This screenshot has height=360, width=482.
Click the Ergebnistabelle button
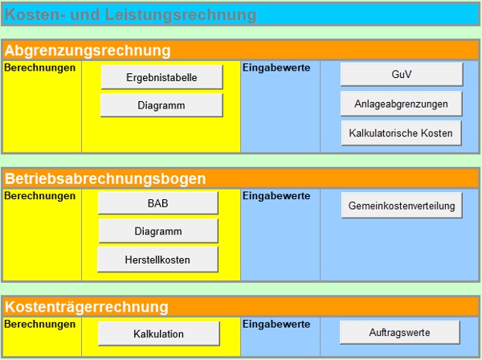pyautogui.click(x=161, y=77)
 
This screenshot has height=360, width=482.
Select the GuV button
pyautogui.click(x=402, y=74)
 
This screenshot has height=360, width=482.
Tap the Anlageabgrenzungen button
pyautogui.click(x=402, y=104)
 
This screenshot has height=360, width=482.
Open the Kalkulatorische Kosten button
pyautogui.click(x=402, y=133)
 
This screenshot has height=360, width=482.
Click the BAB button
pyautogui.click(x=157, y=203)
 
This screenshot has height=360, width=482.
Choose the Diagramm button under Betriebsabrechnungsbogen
pyautogui.click(x=158, y=231)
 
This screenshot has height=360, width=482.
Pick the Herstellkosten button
pyautogui.click(x=157, y=259)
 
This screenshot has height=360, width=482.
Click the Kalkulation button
pyautogui.click(x=159, y=333)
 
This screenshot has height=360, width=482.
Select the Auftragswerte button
pyautogui.click(x=400, y=332)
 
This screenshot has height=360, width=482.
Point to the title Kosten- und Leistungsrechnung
pyautogui.click(x=131, y=14)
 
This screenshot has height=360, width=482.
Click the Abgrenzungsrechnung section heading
pyautogui.click(x=88, y=50)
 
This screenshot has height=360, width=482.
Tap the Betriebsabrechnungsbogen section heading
pyautogui.click(x=105, y=178)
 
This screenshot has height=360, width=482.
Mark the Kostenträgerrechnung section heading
pyautogui.click(x=86, y=307)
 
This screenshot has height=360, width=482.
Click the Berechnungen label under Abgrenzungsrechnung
pyautogui.click(x=40, y=68)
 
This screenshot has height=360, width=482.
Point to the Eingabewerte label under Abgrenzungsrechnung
pyautogui.click(x=276, y=68)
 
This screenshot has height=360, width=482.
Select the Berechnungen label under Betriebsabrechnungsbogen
pyautogui.click(x=40, y=195)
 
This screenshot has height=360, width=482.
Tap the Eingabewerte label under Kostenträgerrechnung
pyautogui.click(x=276, y=324)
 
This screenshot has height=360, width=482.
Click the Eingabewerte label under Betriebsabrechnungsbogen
pyautogui.click(x=276, y=195)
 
